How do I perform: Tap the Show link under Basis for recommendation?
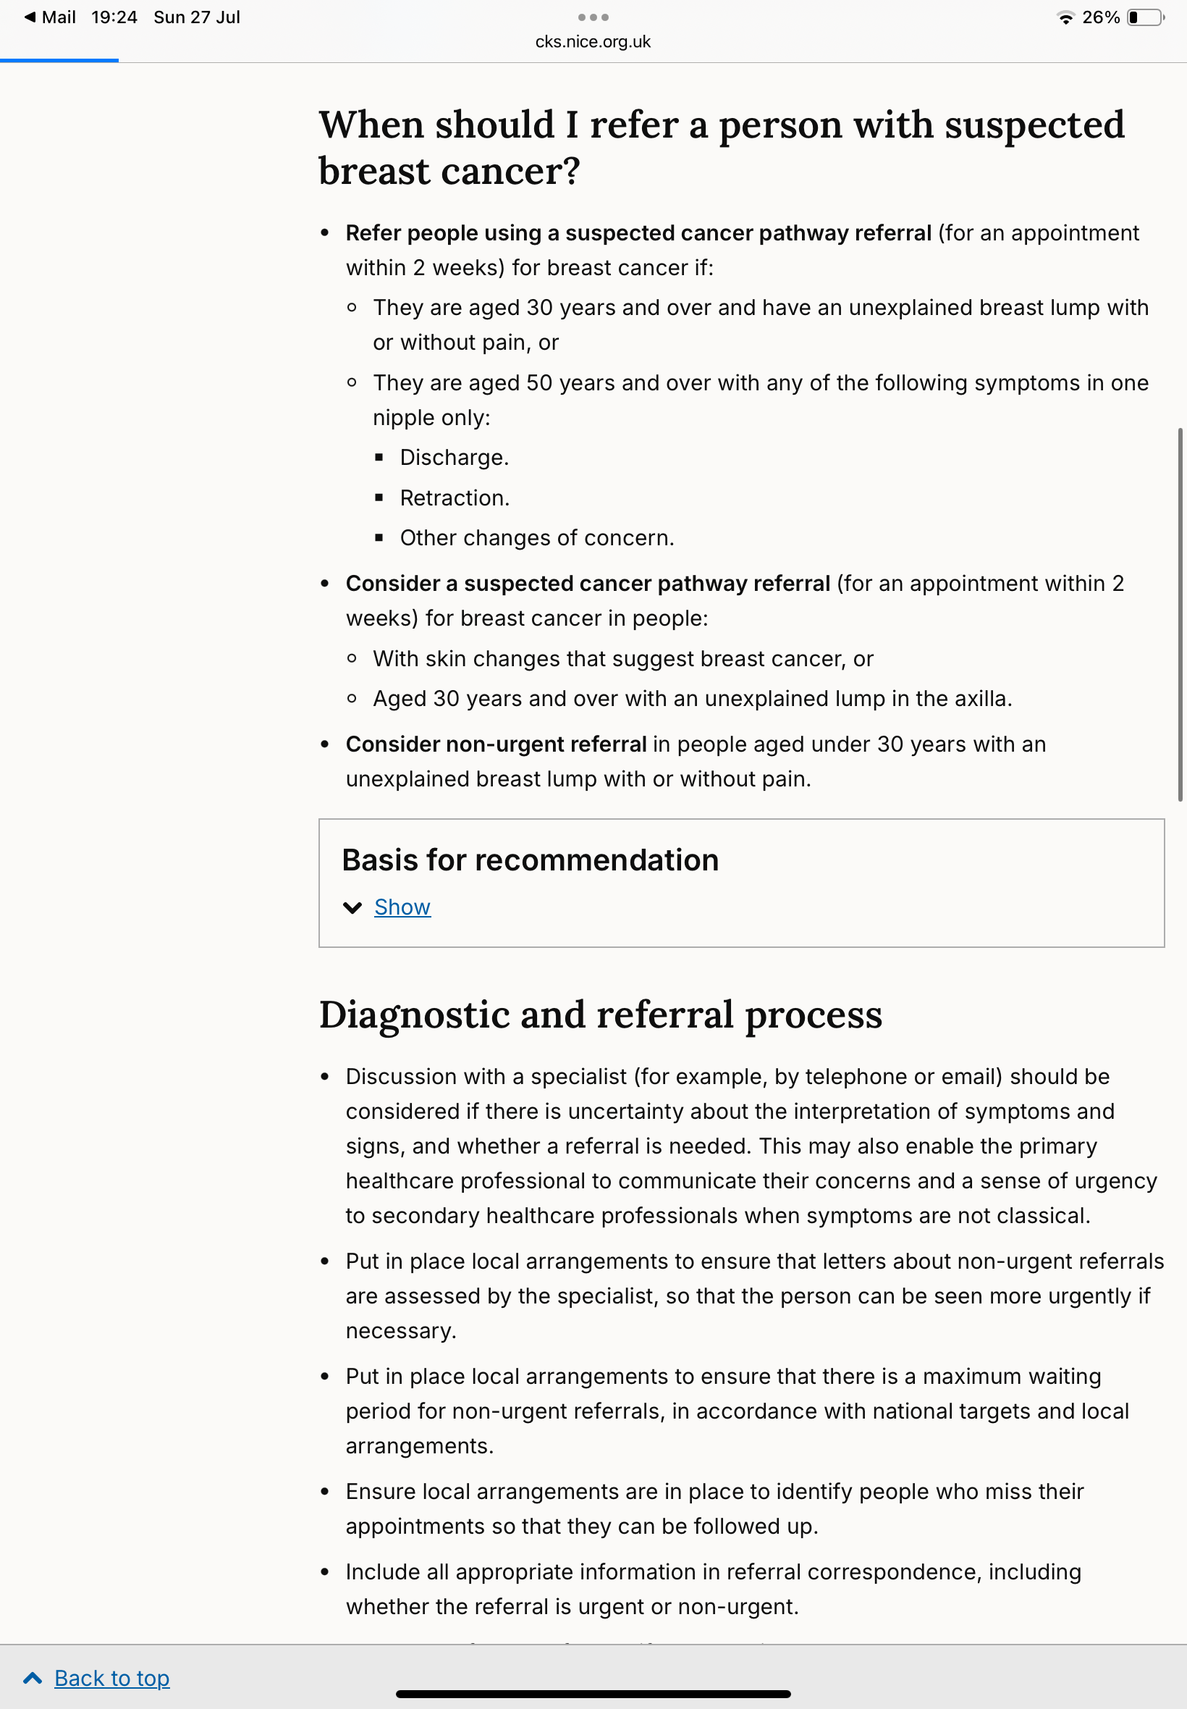coord(402,907)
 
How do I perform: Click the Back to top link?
coord(111,1678)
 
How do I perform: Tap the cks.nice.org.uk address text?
coord(593,42)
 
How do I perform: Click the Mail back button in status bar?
coord(50,17)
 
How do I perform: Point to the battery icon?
coord(1145,17)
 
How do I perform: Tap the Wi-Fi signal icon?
coord(1065,17)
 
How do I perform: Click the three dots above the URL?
coord(593,17)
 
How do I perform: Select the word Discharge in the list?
coord(453,458)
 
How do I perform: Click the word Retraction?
coord(454,497)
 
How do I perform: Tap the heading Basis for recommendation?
coord(530,860)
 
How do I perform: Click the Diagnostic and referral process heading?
coord(600,1015)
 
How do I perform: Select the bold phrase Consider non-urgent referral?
coord(496,744)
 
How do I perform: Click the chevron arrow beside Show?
coord(352,907)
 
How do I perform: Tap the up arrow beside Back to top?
coord(33,1678)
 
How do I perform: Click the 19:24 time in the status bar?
coord(114,17)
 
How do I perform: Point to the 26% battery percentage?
coord(1100,17)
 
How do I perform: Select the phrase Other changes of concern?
coord(536,538)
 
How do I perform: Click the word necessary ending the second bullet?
coord(400,1330)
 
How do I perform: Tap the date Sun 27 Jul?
coord(197,17)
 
